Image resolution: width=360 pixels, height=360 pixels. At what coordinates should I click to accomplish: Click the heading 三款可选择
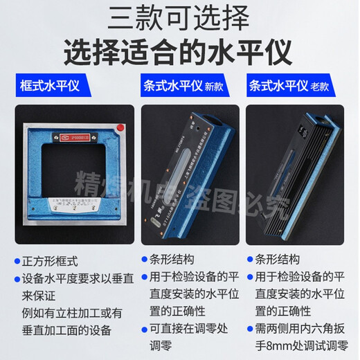point(179,17)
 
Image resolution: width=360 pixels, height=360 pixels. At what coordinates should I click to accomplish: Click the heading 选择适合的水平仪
point(179,49)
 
